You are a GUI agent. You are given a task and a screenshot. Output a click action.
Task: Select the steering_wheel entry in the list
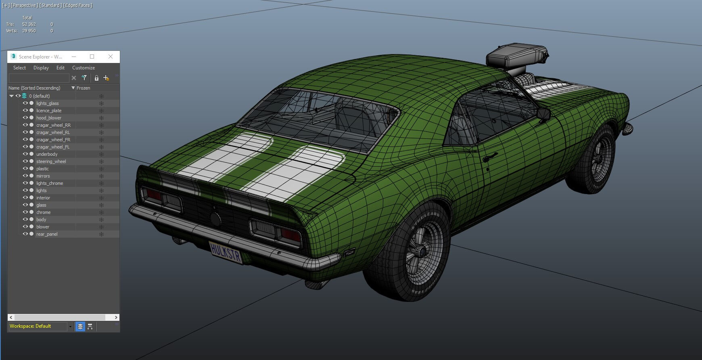click(x=51, y=161)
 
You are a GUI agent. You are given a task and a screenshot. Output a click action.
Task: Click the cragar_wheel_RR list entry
click(x=53, y=125)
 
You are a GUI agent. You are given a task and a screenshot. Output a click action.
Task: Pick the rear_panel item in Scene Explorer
click(x=47, y=234)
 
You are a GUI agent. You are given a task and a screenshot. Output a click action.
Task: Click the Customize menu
click(x=84, y=68)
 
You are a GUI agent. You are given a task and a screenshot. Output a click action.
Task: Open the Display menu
click(x=41, y=68)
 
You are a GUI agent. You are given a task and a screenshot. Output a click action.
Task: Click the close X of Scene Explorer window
click(x=111, y=57)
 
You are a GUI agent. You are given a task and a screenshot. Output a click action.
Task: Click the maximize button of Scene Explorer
click(x=92, y=57)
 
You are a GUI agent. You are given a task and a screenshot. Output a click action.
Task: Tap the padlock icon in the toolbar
click(x=96, y=78)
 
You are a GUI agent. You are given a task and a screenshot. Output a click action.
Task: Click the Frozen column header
click(x=84, y=88)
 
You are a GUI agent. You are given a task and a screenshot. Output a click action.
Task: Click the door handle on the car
click(x=490, y=156)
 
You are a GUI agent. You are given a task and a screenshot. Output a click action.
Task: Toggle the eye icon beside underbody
click(x=25, y=154)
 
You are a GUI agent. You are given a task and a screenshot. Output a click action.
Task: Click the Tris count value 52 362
click(x=29, y=24)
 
